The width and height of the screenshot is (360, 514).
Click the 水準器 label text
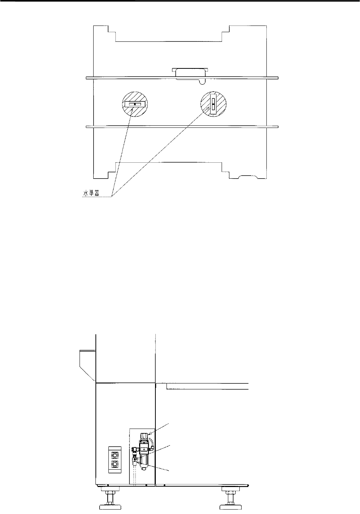91,194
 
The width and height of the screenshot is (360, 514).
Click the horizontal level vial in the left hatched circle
134,104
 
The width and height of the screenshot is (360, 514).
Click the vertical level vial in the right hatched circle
213,104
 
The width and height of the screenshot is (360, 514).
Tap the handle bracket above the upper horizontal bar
190,72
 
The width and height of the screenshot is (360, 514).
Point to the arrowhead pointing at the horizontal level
132,111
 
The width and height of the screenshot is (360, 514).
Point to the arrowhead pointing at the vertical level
208,109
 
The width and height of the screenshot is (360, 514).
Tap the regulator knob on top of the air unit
144,436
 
